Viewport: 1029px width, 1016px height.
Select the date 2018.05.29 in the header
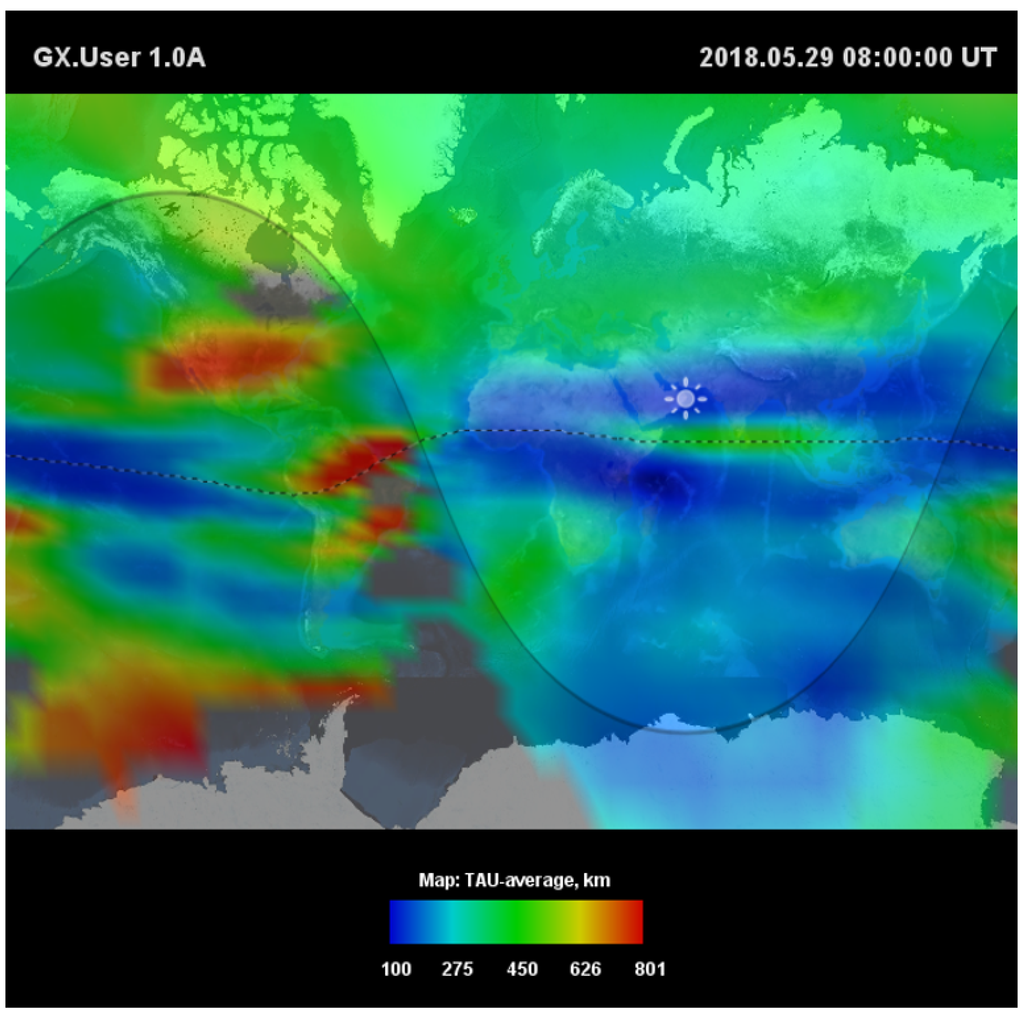(x=766, y=57)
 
